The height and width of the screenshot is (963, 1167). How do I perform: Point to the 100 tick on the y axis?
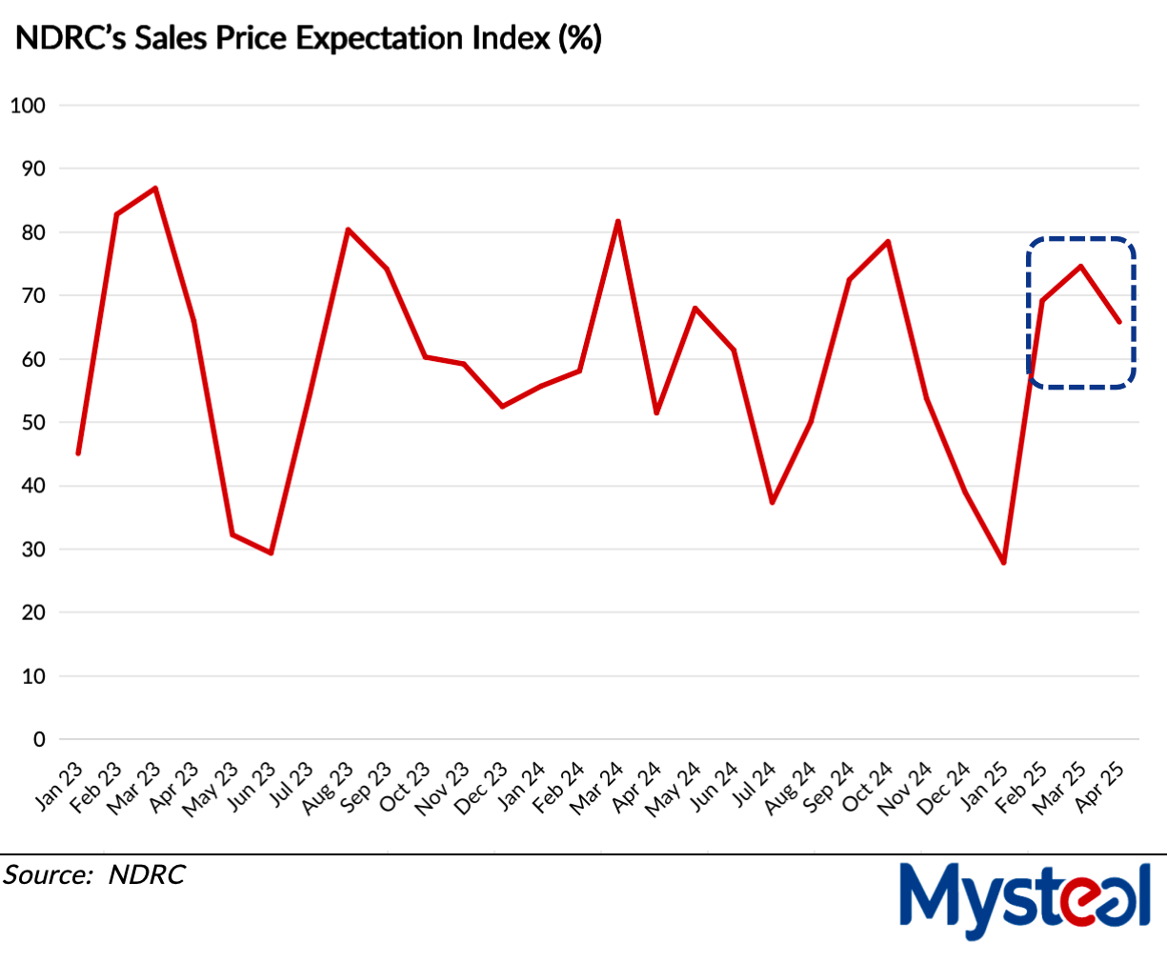28,106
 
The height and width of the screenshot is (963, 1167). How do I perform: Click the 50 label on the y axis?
34,423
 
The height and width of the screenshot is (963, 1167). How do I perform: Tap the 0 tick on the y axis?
40,740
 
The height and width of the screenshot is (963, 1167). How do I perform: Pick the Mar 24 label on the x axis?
597,788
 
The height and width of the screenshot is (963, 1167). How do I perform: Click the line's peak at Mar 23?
155,188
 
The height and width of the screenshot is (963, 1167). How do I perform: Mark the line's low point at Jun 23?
272,552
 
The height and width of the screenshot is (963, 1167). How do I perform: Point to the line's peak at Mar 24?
618,221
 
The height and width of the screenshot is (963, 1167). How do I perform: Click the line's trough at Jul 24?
772,502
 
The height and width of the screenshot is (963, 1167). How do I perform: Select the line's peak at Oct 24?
888,241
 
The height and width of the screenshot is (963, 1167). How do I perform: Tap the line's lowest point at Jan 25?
1003,563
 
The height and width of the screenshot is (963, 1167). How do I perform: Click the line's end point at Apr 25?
1118,322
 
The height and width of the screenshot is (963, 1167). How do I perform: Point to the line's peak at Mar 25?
1080,266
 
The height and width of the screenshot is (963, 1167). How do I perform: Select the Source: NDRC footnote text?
94,874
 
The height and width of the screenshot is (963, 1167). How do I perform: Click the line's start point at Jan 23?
78,453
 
